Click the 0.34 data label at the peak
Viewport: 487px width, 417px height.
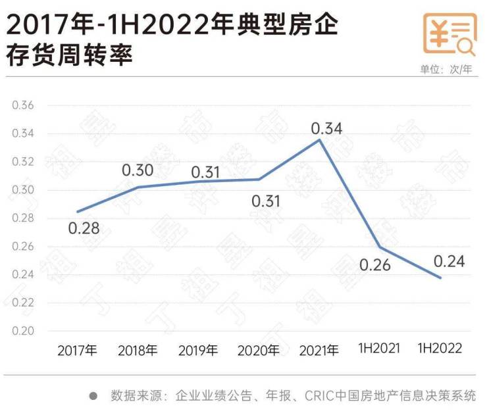(326, 128)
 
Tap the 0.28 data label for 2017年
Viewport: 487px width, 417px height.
(84, 228)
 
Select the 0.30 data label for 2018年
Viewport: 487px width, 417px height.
(138, 171)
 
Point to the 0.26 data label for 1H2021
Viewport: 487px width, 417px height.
(375, 266)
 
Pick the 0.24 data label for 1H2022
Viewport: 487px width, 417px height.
(449, 261)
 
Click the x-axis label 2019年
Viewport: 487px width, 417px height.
(198, 351)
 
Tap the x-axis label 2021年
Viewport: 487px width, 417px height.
(319, 351)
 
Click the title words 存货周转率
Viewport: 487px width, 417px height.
(70, 55)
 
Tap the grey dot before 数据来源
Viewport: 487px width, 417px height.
(93, 396)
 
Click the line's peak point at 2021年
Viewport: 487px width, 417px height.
(319, 139)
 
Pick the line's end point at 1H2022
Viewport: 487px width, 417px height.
(440, 278)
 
